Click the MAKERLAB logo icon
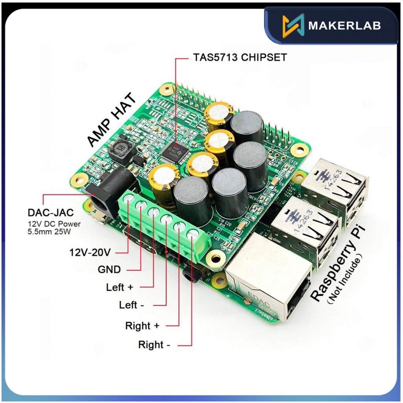point(293,26)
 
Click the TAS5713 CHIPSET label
point(240,57)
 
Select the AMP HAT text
point(112,120)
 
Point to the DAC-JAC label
point(50,213)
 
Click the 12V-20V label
point(90,251)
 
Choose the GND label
point(109,270)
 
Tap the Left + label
point(120,287)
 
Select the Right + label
point(142,326)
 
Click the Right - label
point(154,345)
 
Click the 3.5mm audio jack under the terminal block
point(192,273)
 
